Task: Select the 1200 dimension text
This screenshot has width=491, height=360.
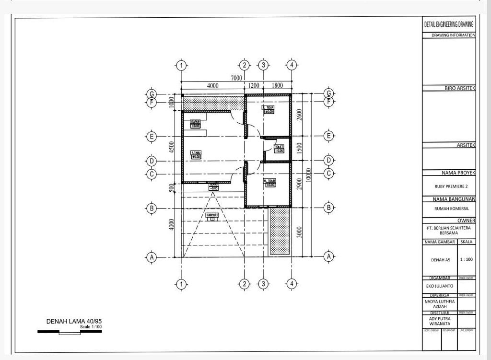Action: coord(253,86)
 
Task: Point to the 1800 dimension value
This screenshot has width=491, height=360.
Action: coord(277,86)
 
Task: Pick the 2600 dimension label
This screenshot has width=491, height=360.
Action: coord(299,116)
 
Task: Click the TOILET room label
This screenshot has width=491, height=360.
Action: coord(279,148)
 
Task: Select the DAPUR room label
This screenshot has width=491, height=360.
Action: coord(196,124)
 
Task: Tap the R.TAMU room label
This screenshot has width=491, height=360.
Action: coord(196,154)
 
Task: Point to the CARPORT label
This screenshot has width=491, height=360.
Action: coord(212,216)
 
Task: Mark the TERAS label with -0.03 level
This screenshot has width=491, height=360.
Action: coord(213,186)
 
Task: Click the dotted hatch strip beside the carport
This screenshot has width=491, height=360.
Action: coord(280,231)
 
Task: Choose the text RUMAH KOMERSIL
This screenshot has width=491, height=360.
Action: coord(449,209)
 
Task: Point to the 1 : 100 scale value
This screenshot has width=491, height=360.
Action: coord(466,259)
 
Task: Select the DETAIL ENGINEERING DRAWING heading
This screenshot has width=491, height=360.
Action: coord(449,24)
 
